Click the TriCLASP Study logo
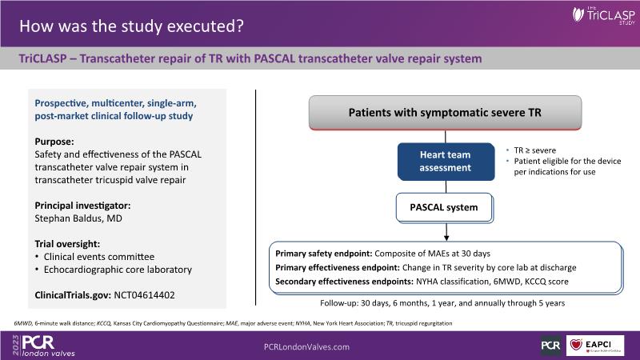point(604,15)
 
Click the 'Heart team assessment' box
point(446,162)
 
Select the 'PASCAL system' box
point(445,208)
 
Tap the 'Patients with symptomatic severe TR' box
point(445,113)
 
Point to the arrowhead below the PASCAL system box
point(446,238)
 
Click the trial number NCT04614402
point(144,295)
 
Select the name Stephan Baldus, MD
point(78,218)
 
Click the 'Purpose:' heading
point(54,142)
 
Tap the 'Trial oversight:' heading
point(67,244)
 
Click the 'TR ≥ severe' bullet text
point(534,150)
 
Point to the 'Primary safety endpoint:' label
point(324,254)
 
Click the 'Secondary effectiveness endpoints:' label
point(345,282)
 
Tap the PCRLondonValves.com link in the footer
point(306,347)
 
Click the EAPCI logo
point(595,346)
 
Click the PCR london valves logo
point(44,346)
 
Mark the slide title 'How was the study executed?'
point(131,26)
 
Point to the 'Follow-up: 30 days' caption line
point(442,303)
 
